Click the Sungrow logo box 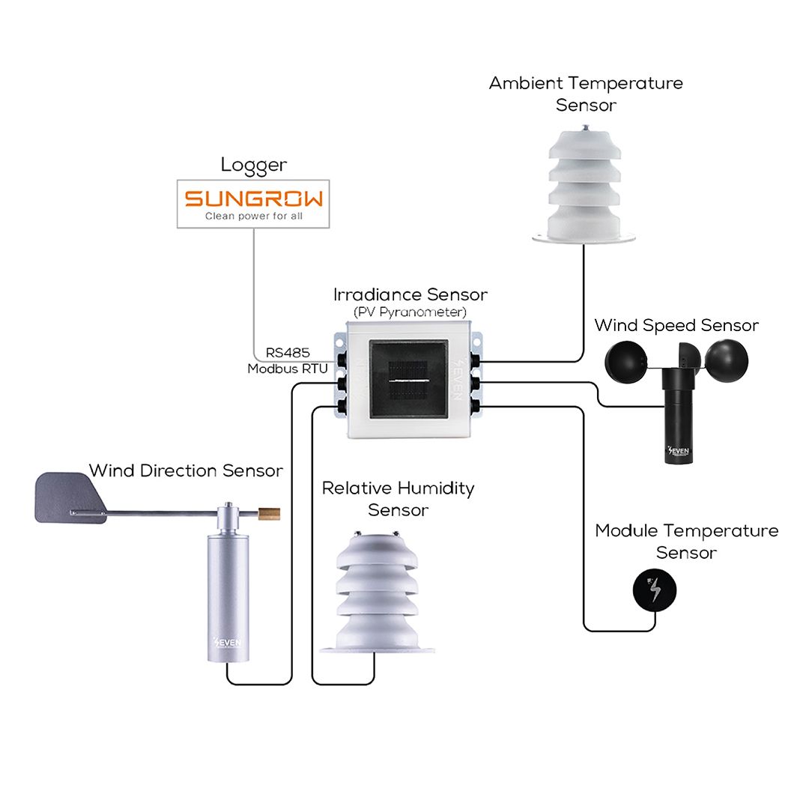253,204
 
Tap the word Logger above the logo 253,165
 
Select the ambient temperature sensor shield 584,185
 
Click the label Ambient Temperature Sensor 586,94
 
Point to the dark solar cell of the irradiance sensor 408,379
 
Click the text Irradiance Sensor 410,294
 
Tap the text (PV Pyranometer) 410,312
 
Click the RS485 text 288,352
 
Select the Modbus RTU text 288,369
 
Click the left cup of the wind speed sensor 625,361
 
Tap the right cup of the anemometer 726,361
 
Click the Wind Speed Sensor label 676,325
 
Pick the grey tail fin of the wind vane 70,498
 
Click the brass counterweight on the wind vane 269,514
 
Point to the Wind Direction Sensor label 186,470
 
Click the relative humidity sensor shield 377,593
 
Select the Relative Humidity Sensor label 398,499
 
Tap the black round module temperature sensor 654,590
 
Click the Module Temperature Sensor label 687,542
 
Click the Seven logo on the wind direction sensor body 227,643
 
